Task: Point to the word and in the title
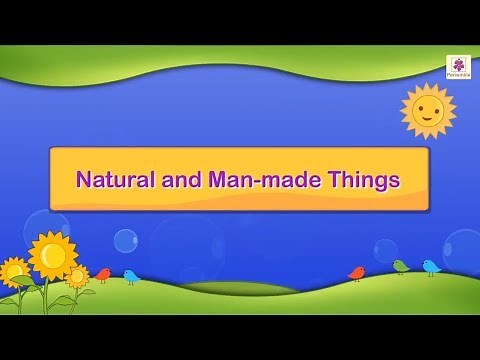(177, 180)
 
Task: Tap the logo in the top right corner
(458, 66)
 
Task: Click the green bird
(401, 266)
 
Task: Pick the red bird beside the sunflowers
(103, 274)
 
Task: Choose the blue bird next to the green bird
(430, 267)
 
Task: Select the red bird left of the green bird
(357, 272)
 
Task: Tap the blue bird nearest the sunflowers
(131, 276)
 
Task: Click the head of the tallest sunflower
(52, 256)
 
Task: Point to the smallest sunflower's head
(77, 275)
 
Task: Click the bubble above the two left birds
(125, 240)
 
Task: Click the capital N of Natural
(84, 180)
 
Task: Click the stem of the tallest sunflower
(46, 296)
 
